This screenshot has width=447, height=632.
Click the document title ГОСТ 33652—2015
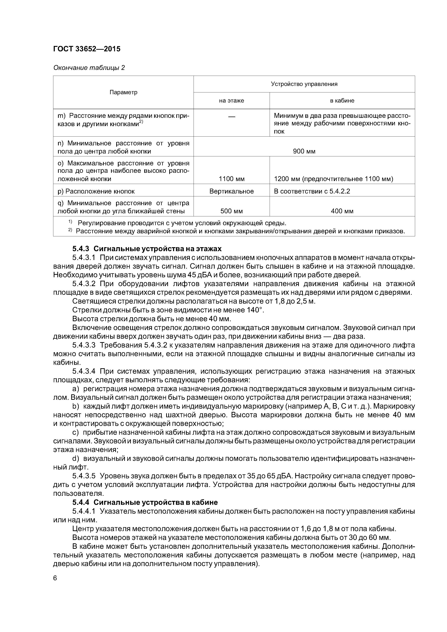87,49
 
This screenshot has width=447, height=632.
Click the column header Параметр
123,92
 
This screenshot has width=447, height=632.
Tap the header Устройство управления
304,84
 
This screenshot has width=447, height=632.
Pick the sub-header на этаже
231,101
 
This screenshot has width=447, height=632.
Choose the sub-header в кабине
342,101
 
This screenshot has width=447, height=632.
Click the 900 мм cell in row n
304,151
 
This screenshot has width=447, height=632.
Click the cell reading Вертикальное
231,191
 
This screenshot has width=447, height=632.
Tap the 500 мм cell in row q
231,211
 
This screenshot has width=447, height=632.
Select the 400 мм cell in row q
342,211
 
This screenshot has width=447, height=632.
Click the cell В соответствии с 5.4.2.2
312,191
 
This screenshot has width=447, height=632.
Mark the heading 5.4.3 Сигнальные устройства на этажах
147,249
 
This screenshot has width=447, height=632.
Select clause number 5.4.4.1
84,511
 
